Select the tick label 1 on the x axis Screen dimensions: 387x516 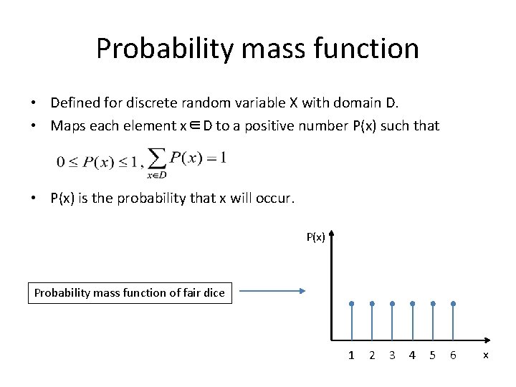coord(351,355)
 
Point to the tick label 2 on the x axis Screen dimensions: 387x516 coord(371,355)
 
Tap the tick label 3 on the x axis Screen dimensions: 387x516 coord(392,355)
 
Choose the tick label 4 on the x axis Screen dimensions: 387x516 coord(412,355)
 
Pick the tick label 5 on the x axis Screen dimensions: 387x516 coord(432,355)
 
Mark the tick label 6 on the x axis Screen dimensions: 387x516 coord(453,355)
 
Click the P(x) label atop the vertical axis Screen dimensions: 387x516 coord(316,237)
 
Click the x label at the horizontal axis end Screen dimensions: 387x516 coord(486,355)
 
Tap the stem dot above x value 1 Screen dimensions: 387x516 coord(351,304)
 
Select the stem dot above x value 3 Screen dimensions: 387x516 coord(392,304)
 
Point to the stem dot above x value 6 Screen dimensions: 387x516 coord(453,304)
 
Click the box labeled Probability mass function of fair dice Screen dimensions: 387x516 coord(130,292)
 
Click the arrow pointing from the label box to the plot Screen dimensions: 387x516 coord(272,291)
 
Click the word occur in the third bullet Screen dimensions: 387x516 coord(274,199)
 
